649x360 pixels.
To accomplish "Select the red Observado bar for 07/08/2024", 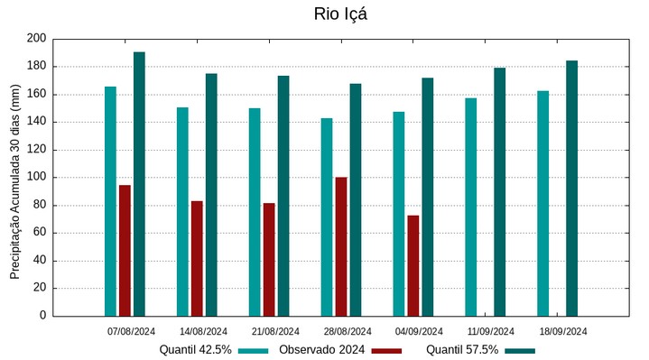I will (x=125, y=251).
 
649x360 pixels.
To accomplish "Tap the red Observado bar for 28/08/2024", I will (x=341, y=246).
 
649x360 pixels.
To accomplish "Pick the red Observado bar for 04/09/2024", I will (x=413, y=265).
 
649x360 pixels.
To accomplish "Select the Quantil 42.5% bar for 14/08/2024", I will (x=182, y=212).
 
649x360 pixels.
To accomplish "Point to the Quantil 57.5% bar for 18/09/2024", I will (x=571, y=189).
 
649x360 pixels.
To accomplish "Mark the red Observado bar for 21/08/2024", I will (x=269, y=260).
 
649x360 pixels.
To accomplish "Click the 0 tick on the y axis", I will (x=42, y=317).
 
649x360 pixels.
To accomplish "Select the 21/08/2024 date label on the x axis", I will (x=275, y=331).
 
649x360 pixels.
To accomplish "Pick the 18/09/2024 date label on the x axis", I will (x=563, y=331).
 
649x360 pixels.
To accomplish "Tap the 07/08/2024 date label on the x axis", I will (x=131, y=331).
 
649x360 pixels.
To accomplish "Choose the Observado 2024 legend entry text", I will (x=321, y=350).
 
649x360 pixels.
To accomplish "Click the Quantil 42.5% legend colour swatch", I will (x=255, y=350).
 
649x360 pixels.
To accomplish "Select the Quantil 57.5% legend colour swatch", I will (x=520, y=350).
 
